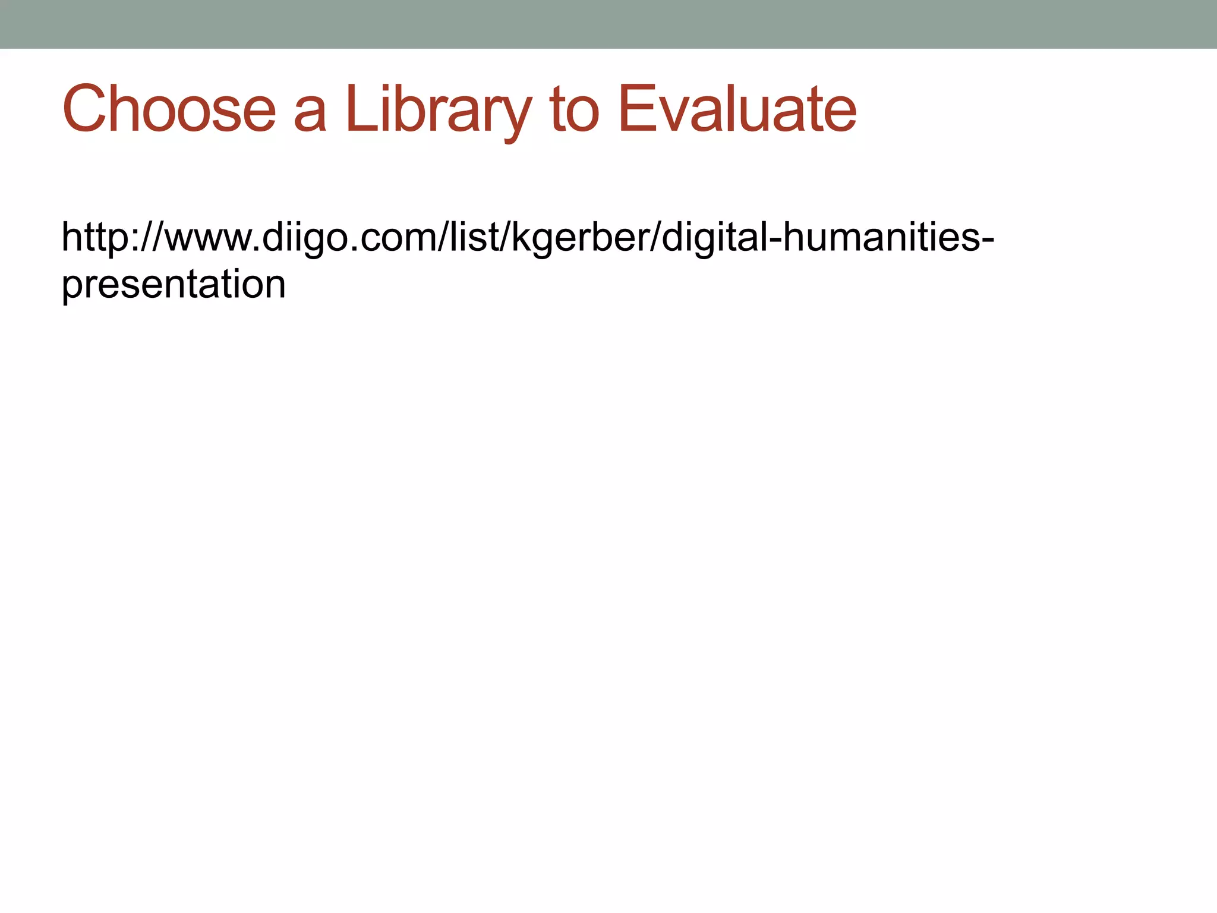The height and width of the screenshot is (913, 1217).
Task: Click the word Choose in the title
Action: [169, 109]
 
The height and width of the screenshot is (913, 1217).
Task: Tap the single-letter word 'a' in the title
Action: [310, 113]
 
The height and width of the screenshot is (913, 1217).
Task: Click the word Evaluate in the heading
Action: [737, 109]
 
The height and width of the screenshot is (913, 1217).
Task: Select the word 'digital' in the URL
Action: [713, 238]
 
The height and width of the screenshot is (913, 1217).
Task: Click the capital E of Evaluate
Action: [636, 109]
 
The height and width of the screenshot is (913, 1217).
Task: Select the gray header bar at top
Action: [608, 24]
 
